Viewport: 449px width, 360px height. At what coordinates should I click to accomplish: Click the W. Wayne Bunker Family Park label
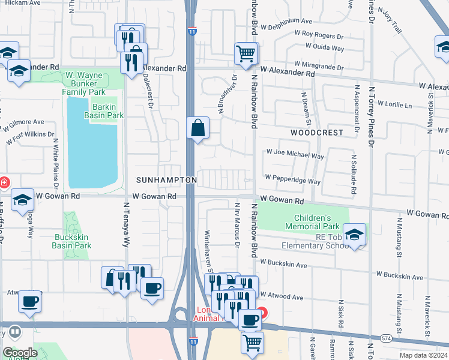pos(85,83)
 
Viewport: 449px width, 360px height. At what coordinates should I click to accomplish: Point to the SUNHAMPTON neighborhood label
pos(166,180)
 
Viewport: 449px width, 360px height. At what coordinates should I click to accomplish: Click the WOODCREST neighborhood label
pos(317,132)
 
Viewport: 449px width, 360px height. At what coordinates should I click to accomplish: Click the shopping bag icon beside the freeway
pos(197,128)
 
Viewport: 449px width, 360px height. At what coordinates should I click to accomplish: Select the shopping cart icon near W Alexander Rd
pos(246,53)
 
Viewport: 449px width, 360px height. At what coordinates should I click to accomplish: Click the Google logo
pos(20,352)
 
